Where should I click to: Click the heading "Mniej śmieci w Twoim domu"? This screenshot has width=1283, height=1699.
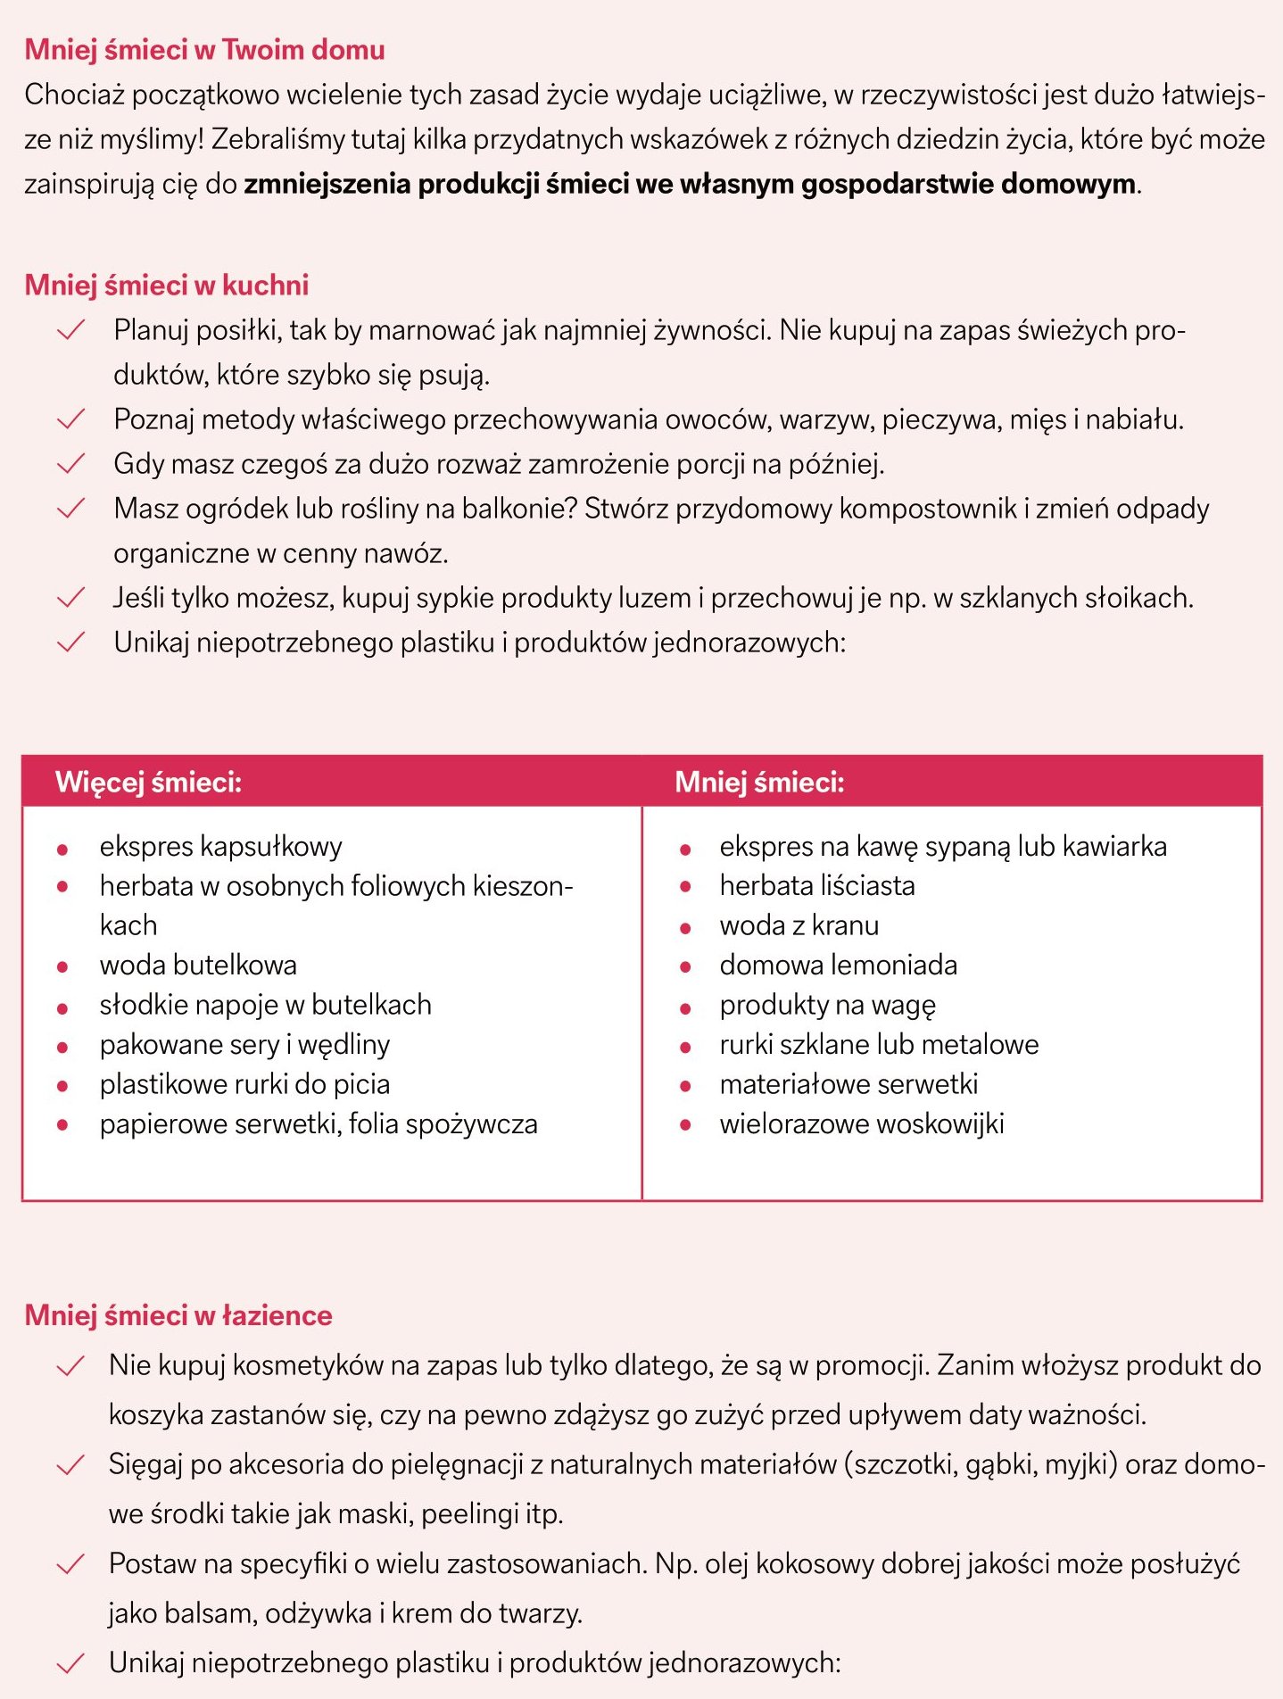[x=204, y=49]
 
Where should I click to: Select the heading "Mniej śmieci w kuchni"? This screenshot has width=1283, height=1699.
[x=167, y=285]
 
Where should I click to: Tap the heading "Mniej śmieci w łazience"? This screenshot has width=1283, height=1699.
[x=178, y=1315]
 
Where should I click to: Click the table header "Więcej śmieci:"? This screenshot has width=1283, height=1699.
[x=149, y=782]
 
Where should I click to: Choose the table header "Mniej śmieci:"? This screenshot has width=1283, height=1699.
[x=759, y=782]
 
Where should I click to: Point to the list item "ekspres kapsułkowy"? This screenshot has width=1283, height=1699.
[x=220, y=846]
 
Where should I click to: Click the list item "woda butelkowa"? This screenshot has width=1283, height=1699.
[x=198, y=965]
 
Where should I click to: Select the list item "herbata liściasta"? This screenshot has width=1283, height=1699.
[x=816, y=885]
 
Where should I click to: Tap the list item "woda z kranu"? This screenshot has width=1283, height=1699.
[x=799, y=925]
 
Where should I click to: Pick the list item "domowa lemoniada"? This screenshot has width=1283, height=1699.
[x=838, y=965]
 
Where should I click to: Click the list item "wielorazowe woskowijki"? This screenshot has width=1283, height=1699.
[x=861, y=1123]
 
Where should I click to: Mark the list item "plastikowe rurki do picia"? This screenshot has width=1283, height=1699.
[x=244, y=1084]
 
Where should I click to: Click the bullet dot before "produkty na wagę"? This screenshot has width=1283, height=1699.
[x=685, y=1008]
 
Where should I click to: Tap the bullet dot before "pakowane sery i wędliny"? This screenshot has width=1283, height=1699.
[x=62, y=1047]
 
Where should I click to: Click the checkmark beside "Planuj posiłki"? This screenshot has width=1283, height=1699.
[x=70, y=330]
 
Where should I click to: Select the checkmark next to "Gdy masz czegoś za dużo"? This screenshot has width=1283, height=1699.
[x=70, y=464]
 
